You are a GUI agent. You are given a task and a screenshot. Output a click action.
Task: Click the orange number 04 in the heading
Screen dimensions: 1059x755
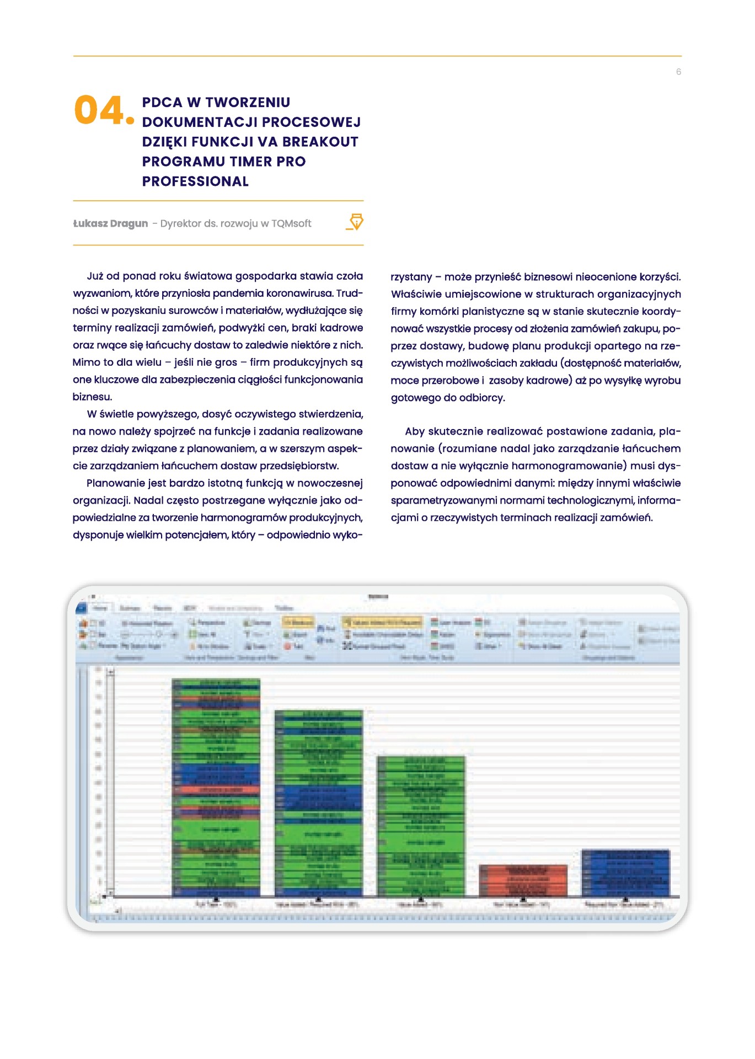click(x=99, y=110)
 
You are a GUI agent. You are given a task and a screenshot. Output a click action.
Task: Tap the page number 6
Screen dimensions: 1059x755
click(x=678, y=72)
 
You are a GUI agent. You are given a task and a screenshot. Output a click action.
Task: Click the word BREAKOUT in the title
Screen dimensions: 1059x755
click(x=320, y=142)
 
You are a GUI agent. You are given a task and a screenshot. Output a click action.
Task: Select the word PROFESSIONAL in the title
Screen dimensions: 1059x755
click(x=195, y=181)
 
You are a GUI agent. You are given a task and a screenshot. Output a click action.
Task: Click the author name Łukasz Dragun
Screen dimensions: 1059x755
click(x=110, y=223)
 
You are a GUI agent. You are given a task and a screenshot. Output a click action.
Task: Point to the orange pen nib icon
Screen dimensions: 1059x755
click(x=356, y=222)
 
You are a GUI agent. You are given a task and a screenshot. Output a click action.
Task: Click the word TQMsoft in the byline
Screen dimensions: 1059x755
click(x=291, y=223)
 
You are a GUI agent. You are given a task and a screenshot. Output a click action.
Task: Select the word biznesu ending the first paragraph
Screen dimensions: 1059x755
click(x=92, y=397)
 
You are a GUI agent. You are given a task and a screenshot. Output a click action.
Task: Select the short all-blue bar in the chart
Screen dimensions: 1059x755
click(x=625, y=873)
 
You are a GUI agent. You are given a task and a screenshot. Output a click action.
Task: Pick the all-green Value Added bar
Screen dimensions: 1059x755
click(x=421, y=825)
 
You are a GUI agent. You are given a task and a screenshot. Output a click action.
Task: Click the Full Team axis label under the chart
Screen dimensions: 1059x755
click(x=208, y=905)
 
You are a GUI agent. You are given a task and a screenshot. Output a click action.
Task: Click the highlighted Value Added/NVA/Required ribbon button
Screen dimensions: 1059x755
click(x=382, y=622)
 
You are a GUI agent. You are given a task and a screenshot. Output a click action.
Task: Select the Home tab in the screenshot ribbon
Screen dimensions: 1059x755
click(x=100, y=608)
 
